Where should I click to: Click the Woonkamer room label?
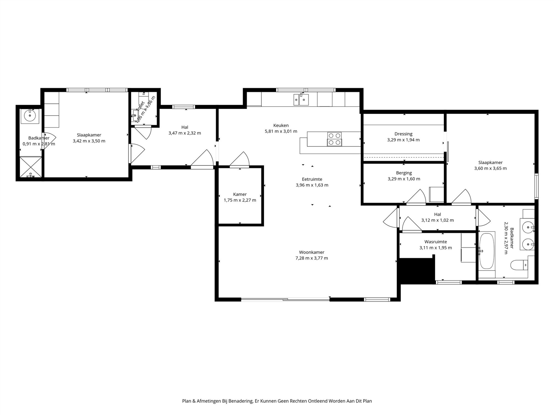[x=311, y=252]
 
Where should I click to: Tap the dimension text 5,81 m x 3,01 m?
[x=281, y=131]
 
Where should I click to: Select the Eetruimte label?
[x=312, y=179]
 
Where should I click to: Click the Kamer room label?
[x=240, y=194]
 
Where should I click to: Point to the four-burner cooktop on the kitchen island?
[x=334, y=139]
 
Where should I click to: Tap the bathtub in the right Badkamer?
[x=487, y=251]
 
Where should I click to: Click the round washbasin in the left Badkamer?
[x=30, y=115]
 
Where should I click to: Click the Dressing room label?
[x=403, y=134]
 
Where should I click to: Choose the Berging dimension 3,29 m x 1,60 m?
[x=404, y=179]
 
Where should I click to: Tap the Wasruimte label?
[x=435, y=242]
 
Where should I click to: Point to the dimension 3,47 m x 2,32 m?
[x=184, y=133]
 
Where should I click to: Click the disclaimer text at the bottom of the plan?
[x=277, y=401]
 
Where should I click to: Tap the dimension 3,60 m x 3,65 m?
[x=490, y=168]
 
